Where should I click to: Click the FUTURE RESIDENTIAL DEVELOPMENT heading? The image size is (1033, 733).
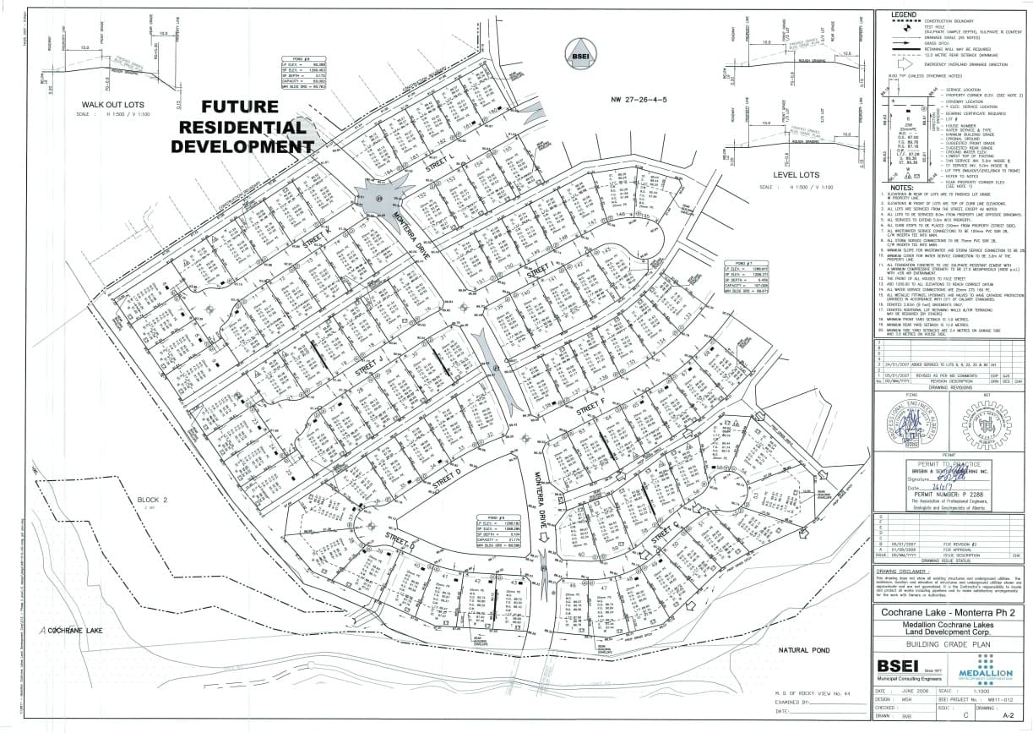238,126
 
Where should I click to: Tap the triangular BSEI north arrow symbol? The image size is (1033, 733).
581,51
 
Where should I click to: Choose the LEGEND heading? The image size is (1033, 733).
898,14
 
